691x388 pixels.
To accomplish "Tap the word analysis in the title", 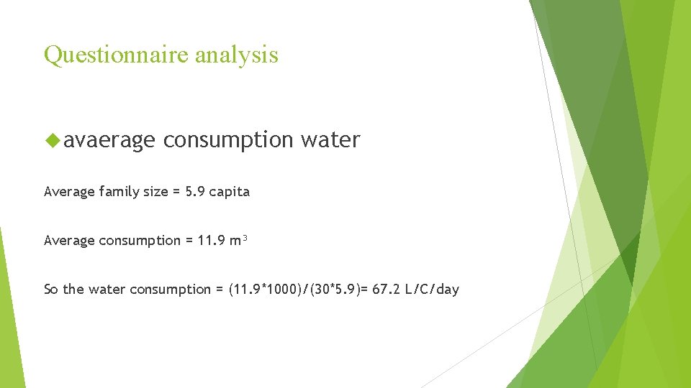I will click(239, 55).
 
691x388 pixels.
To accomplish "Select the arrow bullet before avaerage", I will click(52, 139).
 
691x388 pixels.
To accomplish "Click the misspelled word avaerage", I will click(109, 140).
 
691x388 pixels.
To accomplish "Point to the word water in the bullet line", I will click(330, 139).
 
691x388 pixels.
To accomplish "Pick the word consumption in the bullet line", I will click(228, 140).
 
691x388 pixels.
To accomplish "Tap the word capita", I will click(230, 192).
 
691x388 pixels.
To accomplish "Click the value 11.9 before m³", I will click(212, 241).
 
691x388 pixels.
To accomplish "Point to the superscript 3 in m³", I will click(245, 237).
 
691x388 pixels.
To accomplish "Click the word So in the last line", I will click(51, 290).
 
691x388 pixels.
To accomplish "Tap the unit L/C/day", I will click(432, 290).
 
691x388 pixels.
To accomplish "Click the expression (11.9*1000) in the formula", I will click(267, 290).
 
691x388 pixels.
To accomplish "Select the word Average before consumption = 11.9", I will click(69, 241).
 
